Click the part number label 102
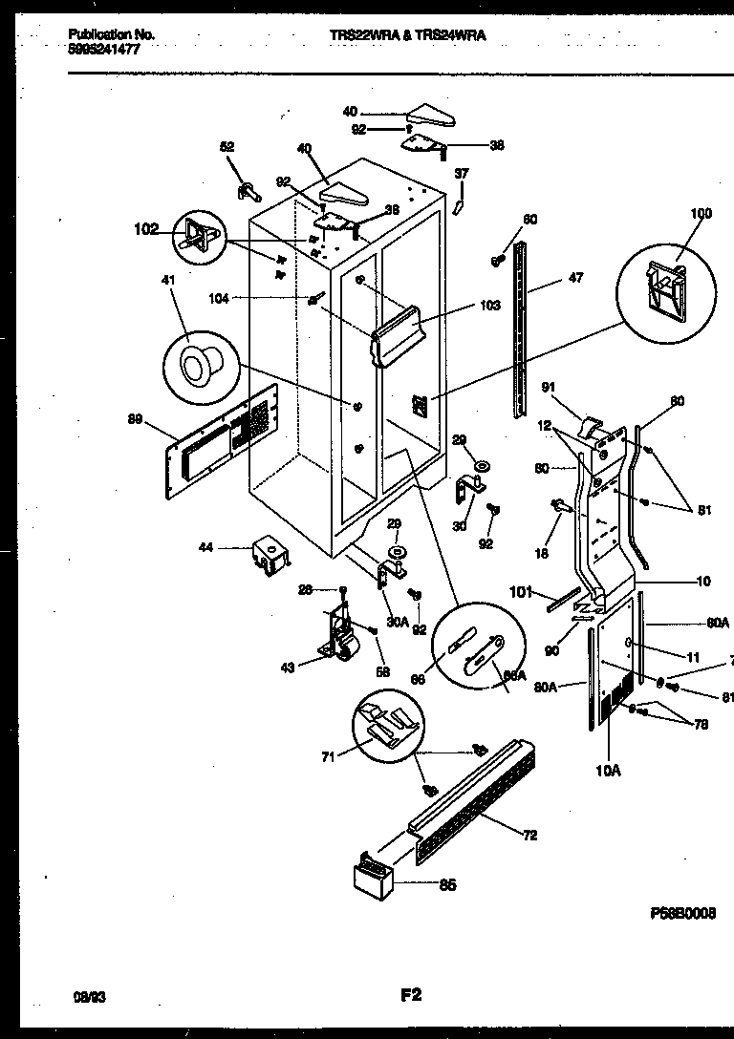coord(145,229)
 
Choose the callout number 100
coord(701,214)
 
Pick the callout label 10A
coord(608,770)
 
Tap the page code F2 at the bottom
coord(411,995)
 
